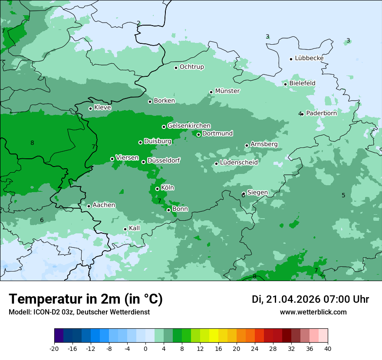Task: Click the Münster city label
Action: point(227,91)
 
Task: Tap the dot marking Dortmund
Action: point(199,134)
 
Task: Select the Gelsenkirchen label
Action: point(189,126)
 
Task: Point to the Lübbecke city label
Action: point(309,58)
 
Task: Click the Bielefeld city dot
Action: point(286,84)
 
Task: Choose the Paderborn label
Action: point(321,113)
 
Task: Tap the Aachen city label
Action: point(104,205)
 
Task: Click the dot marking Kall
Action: point(125,229)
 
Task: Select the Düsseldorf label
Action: point(163,160)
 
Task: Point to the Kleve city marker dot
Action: point(90,108)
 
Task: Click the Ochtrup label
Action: point(191,67)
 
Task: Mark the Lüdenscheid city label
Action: point(239,163)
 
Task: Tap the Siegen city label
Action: point(257,193)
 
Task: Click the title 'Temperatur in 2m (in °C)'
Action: point(86,299)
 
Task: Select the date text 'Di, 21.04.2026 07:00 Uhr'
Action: point(310,299)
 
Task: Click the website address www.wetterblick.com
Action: point(313,312)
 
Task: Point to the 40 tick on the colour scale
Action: point(327,348)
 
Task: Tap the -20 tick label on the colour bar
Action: point(54,348)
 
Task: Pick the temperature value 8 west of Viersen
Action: point(32,143)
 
